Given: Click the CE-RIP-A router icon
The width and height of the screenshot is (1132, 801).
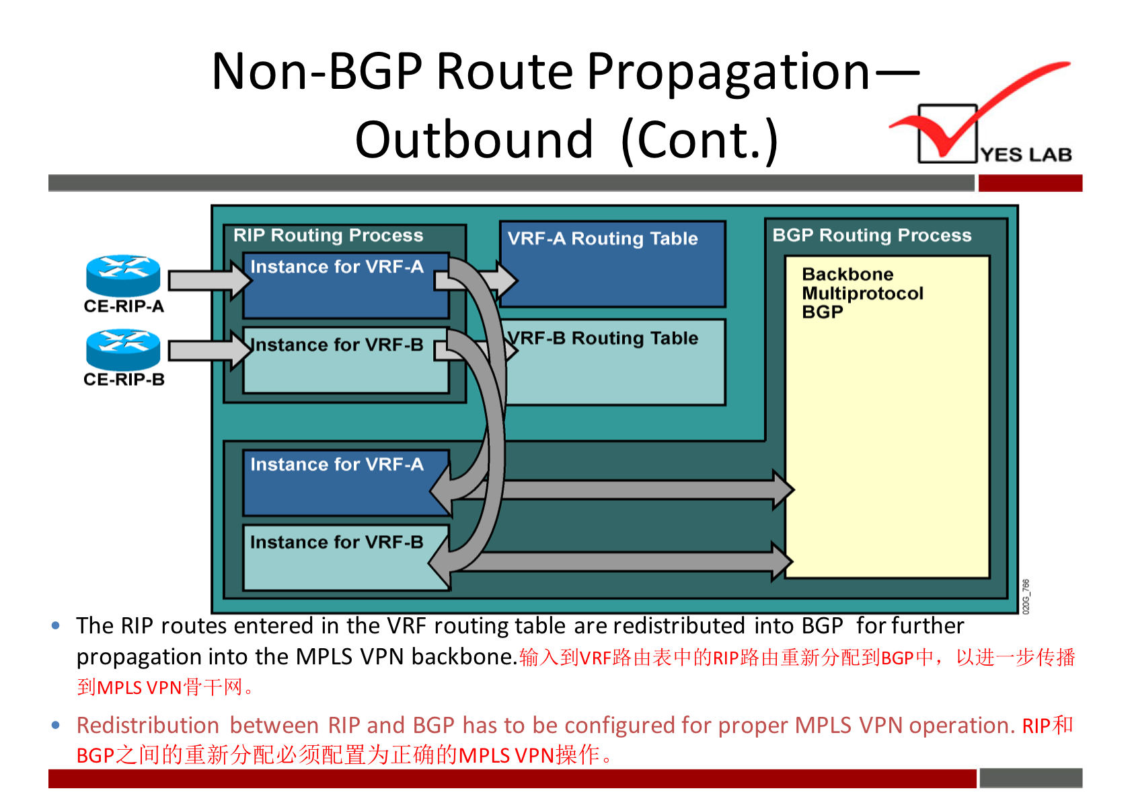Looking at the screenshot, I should pos(123,275).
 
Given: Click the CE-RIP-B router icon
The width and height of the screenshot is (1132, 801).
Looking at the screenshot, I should pos(123,348).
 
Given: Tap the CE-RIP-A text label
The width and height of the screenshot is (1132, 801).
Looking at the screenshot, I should pos(124,306).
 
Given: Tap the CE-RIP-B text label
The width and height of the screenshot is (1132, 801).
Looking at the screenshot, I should pos(124,380).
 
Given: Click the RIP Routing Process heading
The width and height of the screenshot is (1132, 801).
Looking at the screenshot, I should pos(328,236).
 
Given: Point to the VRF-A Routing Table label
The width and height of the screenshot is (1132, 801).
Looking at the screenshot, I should pos(603,239).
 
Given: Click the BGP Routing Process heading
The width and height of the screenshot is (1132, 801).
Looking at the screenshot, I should pos(872,236).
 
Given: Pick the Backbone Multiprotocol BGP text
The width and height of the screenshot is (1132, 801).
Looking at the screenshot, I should pos(862,293).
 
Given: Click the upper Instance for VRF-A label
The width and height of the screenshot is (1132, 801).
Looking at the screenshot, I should pos(336,267).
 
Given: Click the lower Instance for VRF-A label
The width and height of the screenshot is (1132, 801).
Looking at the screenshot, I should pos(336,464).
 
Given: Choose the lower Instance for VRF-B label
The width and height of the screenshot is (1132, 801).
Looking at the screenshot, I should pos(336,543).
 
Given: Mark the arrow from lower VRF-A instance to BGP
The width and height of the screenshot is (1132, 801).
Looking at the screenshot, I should pos(639,489).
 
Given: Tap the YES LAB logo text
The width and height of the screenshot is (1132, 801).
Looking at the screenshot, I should pos(1026,155).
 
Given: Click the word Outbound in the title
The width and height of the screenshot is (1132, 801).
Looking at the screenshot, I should pos(474,140).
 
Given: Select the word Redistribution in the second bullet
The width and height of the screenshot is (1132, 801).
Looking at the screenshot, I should pos(148,726).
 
